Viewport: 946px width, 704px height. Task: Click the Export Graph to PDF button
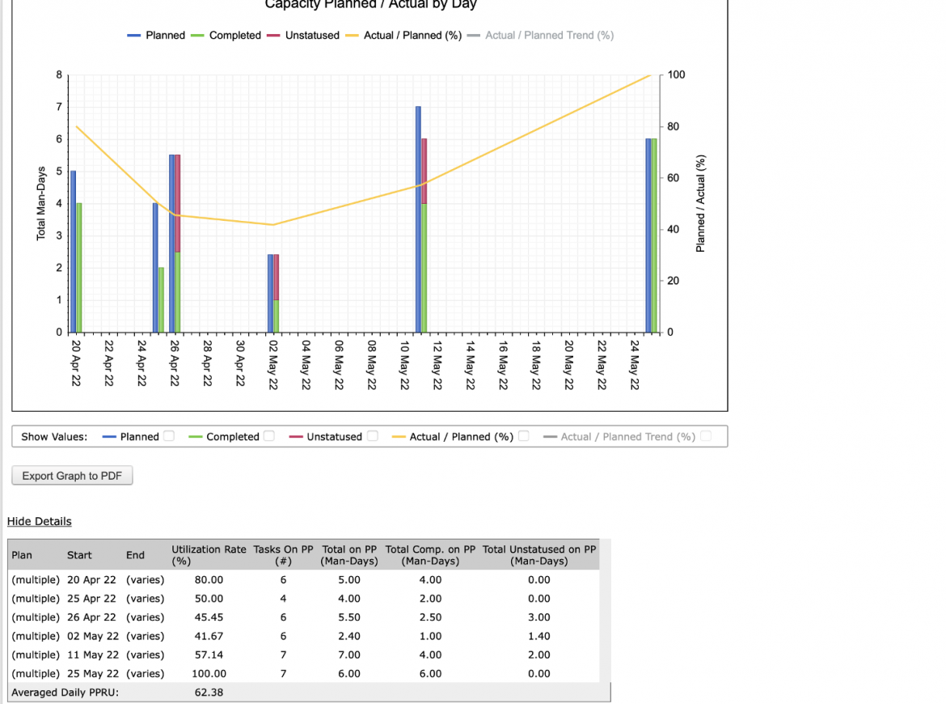(x=73, y=476)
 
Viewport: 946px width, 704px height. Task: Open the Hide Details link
(x=40, y=521)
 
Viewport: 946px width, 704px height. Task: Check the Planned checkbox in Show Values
(x=169, y=436)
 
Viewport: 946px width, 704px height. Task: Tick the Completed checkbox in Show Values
(x=269, y=436)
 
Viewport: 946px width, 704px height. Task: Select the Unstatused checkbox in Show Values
(x=372, y=436)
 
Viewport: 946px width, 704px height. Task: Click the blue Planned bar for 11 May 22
(x=418, y=220)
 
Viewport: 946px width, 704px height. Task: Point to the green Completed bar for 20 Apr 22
(x=79, y=268)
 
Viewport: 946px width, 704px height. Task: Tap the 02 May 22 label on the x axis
(x=273, y=365)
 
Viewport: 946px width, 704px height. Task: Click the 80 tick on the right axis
(x=673, y=126)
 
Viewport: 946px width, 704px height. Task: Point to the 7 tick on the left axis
(x=59, y=107)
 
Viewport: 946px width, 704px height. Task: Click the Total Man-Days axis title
(x=41, y=203)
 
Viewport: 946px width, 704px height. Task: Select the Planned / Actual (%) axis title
(x=700, y=203)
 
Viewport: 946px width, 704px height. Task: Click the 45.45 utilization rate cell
(x=209, y=617)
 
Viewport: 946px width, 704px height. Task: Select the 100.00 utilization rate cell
(x=209, y=673)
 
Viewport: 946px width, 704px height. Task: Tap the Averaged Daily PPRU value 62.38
(x=209, y=692)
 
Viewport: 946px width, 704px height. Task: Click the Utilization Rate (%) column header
(x=209, y=555)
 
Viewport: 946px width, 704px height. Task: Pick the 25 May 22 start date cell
(x=91, y=673)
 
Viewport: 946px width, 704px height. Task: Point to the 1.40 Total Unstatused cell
(x=538, y=636)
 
